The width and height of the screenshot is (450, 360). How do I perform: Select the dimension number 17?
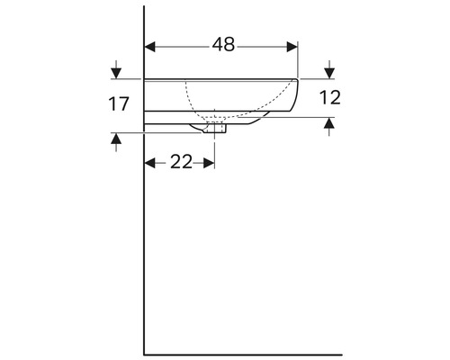pos(118,104)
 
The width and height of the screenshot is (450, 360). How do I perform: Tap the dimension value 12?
pos(330,98)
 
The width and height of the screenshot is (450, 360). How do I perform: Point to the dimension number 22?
pos(181,161)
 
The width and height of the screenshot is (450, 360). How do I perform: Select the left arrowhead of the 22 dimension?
pos(150,162)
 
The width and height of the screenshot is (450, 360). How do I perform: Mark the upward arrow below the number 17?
pos(115,139)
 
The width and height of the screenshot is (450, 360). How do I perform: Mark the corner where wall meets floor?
pos(144,354)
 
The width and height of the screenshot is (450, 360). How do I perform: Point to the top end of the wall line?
pos(144,7)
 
